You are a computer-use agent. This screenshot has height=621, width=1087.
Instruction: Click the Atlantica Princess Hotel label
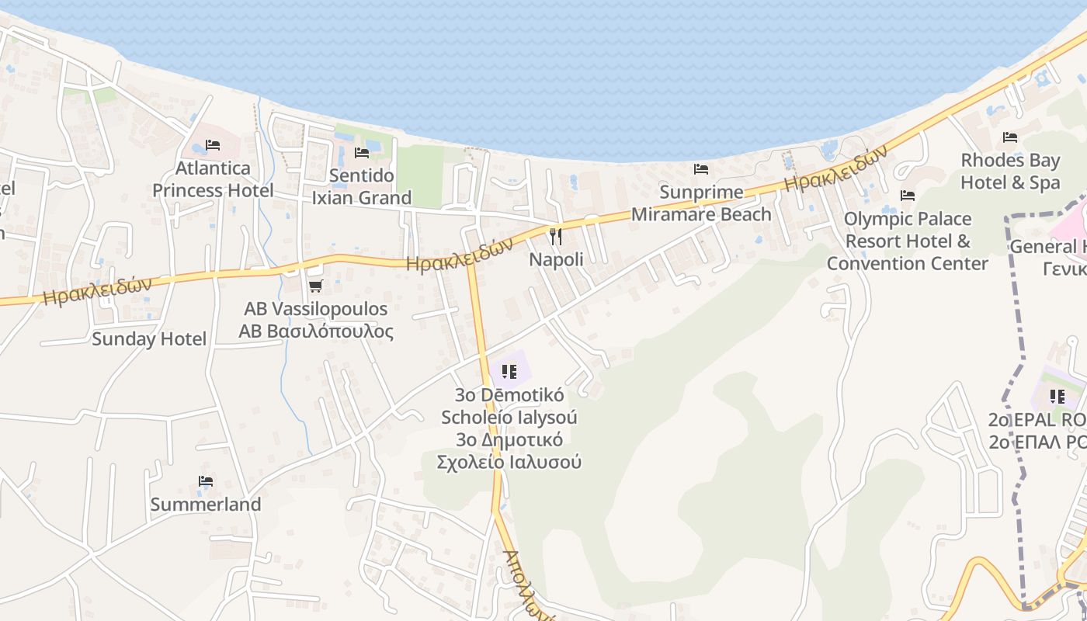(213, 179)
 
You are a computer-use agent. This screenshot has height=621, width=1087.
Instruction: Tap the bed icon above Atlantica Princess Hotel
(213, 145)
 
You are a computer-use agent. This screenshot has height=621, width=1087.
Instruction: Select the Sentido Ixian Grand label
(361, 187)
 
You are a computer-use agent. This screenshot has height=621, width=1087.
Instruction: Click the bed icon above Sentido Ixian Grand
(361, 153)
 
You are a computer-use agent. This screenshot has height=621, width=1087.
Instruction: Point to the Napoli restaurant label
(556, 259)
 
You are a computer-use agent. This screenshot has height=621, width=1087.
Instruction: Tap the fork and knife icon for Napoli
(556, 236)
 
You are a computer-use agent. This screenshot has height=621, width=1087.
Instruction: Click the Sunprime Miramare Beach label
(701, 203)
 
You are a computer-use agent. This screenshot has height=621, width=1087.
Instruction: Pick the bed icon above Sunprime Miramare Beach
(701, 168)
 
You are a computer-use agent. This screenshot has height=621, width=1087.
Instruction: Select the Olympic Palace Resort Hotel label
(907, 241)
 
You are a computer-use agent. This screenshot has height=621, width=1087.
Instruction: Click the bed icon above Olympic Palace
(907, 196)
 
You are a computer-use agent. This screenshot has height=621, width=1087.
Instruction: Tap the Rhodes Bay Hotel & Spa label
(1010, 172)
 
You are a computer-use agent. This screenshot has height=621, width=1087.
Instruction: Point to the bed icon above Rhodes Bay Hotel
(1010, 137)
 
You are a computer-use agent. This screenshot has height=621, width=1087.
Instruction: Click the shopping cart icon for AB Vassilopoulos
(315, 286)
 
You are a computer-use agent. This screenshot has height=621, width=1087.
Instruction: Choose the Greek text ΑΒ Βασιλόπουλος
(315, 331)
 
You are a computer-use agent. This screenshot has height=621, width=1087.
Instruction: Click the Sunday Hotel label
(149, 339)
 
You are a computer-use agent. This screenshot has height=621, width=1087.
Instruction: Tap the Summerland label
(205, 505)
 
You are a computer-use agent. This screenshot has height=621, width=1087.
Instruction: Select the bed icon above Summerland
(205, 481)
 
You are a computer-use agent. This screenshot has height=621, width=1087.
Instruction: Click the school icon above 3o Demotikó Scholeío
(509, 372)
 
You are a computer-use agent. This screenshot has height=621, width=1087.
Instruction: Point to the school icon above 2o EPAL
(1057, 397)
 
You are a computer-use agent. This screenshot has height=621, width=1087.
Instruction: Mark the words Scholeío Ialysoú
(509, 417)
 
